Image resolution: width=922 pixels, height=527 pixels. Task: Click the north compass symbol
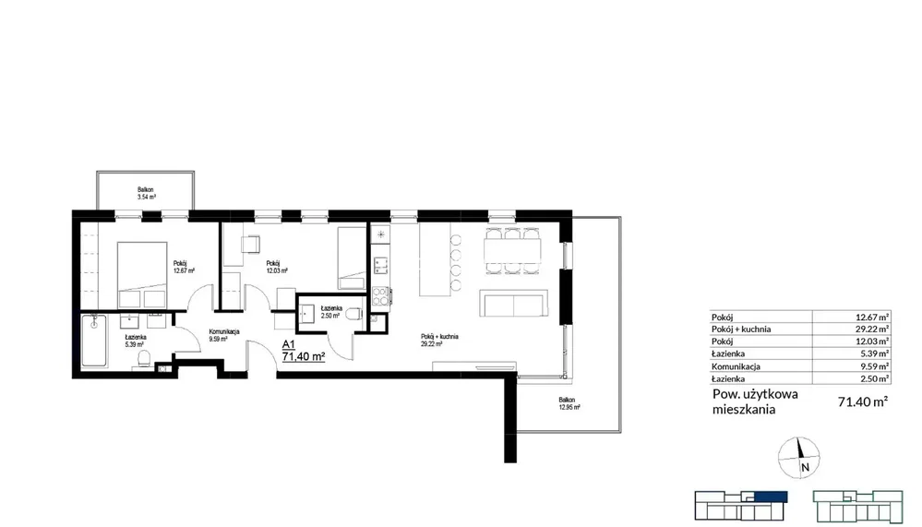pos(798,457)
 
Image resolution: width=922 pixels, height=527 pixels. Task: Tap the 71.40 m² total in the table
pos(863,401)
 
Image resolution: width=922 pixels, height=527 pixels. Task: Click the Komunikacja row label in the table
pos(736,366)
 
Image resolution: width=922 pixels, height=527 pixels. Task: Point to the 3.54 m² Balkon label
pos(147,194)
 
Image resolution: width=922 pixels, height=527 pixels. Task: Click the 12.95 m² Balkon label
pos(569,403)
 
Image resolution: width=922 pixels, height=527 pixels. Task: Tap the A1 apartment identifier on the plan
pos(288,344)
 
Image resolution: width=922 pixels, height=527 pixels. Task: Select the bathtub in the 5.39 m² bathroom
pos(94,341)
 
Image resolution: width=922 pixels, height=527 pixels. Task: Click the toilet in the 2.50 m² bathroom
pos(354,315)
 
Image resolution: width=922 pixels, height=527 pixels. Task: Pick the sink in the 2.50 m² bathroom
pos(307,314)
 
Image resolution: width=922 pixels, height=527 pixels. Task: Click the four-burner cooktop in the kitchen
pos(380,296)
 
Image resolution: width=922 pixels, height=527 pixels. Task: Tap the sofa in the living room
pos(514,303)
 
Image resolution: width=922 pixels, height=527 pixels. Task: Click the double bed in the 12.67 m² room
pos(142,275)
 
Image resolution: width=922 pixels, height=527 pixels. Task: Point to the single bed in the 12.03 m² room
pos(352,258)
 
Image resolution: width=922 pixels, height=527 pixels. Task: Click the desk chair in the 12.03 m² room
pos(251,244)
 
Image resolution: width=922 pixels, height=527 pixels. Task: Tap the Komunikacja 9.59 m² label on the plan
pos(224,335)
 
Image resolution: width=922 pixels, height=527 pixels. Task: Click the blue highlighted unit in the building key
pos(771,497)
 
